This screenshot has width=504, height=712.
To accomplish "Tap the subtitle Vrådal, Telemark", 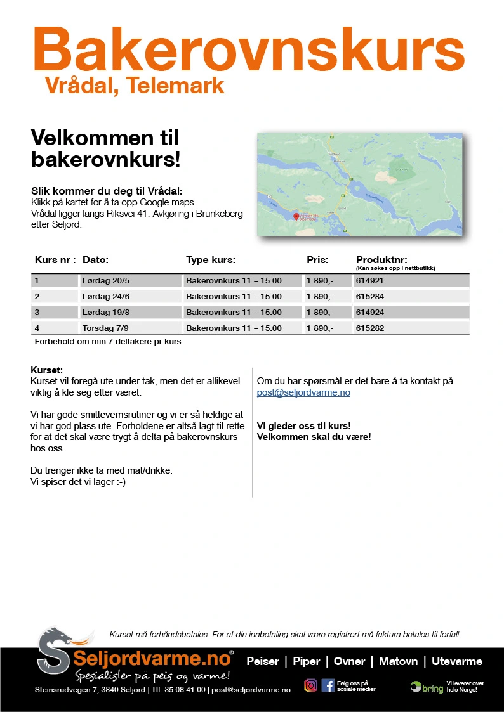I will coord(135,86).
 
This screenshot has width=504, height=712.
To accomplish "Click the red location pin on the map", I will coord(296,217).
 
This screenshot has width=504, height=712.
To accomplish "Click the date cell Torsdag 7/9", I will coord(102,328).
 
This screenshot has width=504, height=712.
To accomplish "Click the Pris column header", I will coord(317,260).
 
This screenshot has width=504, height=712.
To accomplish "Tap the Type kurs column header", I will coord(211,260).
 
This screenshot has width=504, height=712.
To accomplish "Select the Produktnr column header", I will coord(381,260).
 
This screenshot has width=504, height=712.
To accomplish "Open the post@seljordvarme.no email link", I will coord(303,392).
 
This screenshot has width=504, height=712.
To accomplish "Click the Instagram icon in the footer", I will coord(310,685).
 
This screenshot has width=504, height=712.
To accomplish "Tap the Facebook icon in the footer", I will coord(328,685).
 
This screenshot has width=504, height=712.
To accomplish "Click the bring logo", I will coord(427,687).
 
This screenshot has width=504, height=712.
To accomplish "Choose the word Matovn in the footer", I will coord(398,661).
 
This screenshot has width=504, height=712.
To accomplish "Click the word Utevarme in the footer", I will coord(457,661).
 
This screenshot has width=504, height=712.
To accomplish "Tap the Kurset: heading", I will coord(46,370).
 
